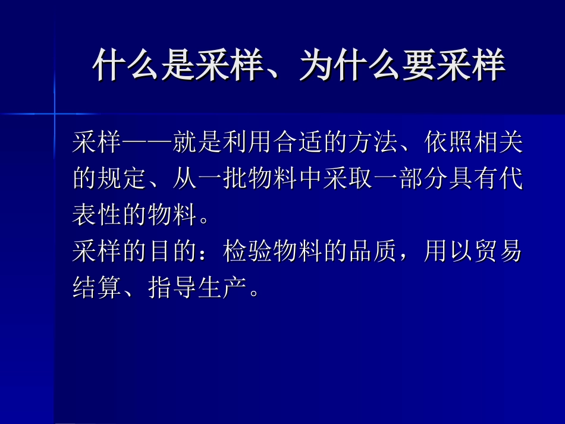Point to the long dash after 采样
point(147,143)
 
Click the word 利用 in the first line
point(248,143)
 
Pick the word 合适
point(298,143)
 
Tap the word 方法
point(372,143)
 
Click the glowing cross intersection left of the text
point(54,112)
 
